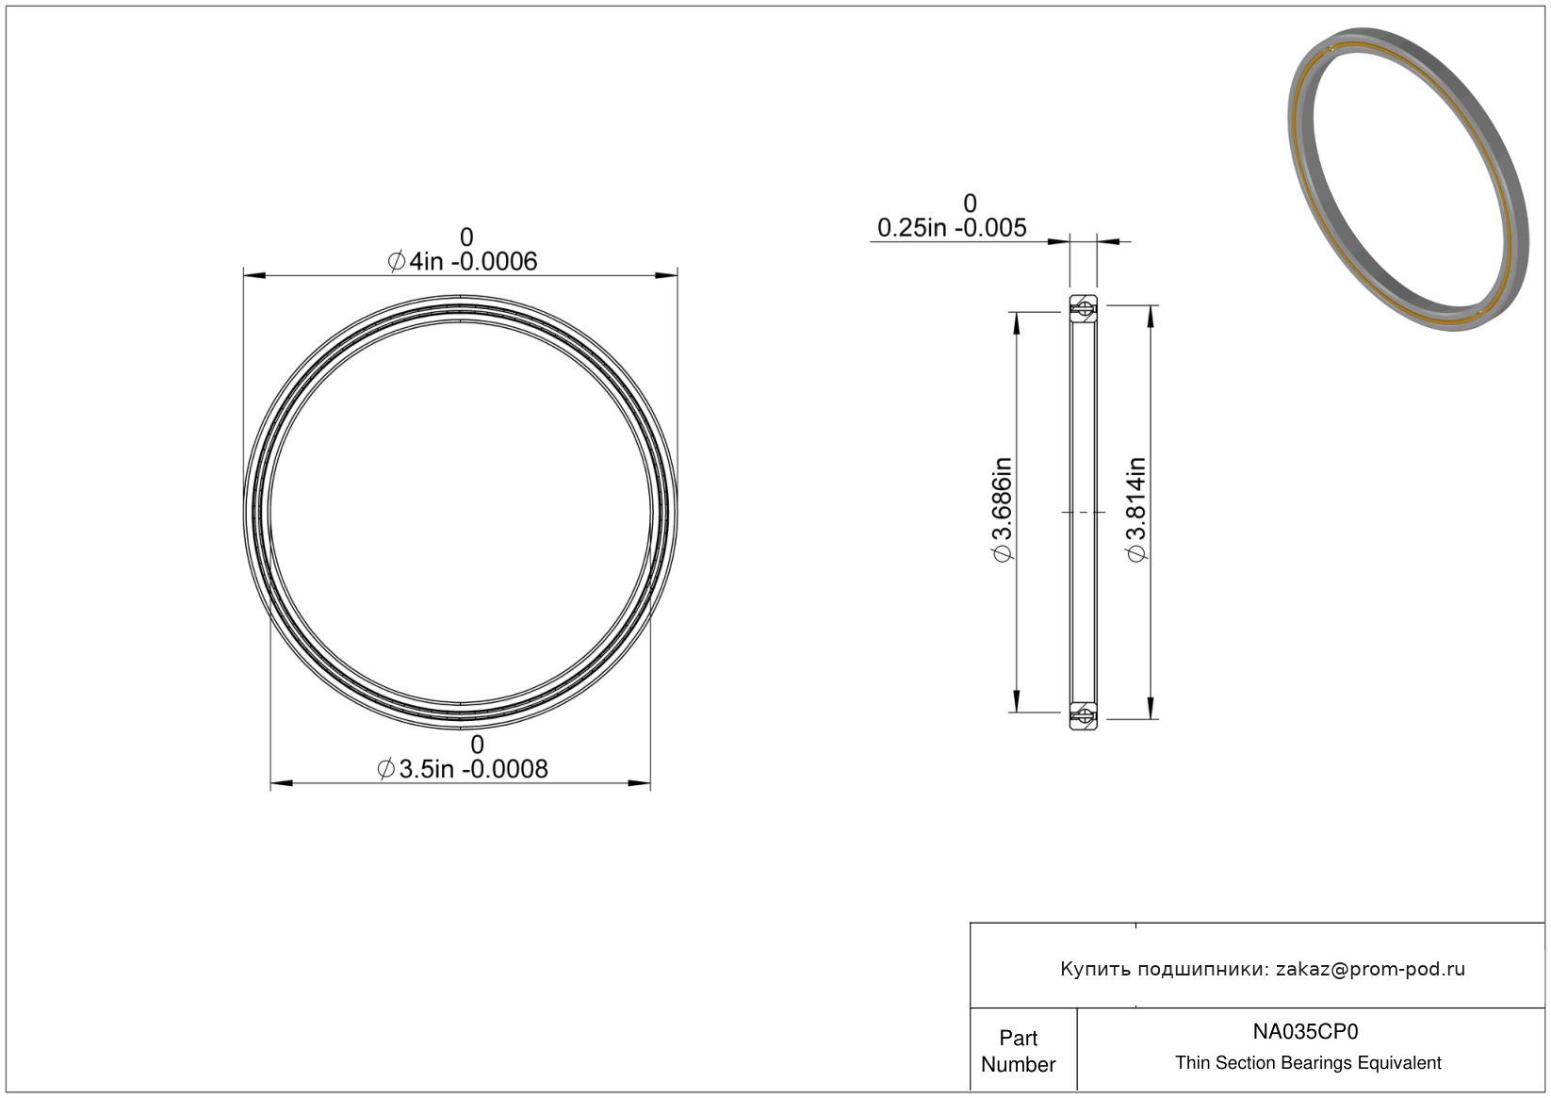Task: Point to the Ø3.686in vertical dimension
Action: (x=1003, y=510)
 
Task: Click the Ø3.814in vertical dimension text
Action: (x=1137, y=510)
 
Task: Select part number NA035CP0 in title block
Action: (x=1305, y=1031)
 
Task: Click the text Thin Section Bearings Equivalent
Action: (x=1308, y=1063)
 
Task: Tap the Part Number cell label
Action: (x=1019, y=1051)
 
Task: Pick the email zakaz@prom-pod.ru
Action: (x=1370, y=969)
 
